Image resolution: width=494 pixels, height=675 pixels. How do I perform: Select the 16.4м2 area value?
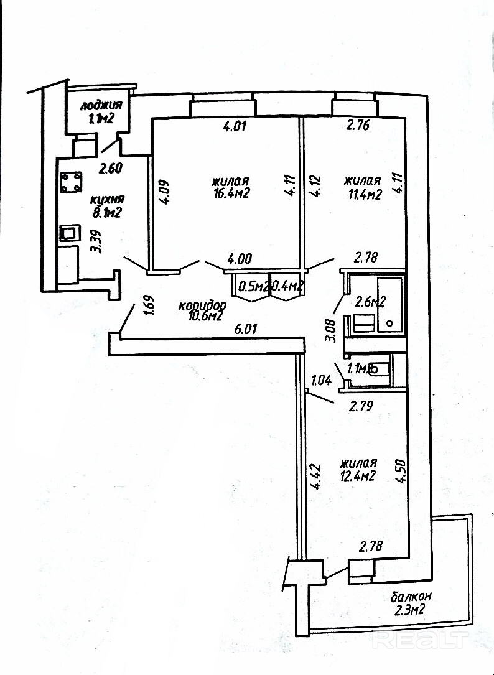click(x=230, y=194)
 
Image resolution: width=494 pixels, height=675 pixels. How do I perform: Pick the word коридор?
click(x=202, y=306)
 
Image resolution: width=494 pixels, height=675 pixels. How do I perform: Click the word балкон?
click(x=411, y=597)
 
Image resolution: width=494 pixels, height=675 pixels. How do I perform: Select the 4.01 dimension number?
click(x=235, y=127)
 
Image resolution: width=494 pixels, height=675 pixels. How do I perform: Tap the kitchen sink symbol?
click(x=68, y=234)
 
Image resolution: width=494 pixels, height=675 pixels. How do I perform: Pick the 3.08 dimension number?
click(x=332, y=330)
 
